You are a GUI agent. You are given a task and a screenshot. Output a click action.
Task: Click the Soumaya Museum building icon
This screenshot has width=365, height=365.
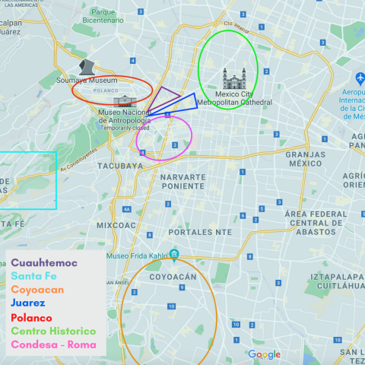[88, 67]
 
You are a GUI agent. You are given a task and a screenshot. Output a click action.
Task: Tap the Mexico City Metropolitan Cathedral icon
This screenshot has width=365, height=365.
[234, 78]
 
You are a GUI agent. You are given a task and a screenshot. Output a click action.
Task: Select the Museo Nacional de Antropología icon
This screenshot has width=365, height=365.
[122, 100]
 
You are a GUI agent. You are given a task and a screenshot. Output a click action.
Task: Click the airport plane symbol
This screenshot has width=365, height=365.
[360, 78]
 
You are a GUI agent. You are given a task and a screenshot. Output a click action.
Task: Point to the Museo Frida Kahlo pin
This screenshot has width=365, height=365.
[175, 254]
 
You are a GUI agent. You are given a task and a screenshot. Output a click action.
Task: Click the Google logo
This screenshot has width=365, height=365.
[264, 354]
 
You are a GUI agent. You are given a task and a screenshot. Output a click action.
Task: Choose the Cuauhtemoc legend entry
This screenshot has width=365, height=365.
[44, 263]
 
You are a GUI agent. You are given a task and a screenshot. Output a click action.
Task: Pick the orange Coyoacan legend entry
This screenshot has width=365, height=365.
[37, 290]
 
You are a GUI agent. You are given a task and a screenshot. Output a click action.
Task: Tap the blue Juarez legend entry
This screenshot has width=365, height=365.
[29, 303]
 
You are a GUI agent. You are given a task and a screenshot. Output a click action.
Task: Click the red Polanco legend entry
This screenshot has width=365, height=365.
[31, 317]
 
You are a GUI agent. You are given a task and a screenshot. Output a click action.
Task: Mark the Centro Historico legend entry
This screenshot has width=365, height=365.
[53, 331]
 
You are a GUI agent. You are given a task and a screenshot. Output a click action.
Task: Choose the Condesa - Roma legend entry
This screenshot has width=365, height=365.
[53, 344]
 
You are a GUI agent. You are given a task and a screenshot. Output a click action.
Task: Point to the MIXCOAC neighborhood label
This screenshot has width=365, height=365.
[116, 225]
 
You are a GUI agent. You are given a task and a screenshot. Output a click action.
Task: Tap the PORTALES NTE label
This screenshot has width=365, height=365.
[200, 231]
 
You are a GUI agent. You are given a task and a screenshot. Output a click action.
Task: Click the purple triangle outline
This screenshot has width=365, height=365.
[163, 98]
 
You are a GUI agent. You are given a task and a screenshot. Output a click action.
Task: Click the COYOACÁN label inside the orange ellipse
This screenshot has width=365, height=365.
[173, 278]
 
